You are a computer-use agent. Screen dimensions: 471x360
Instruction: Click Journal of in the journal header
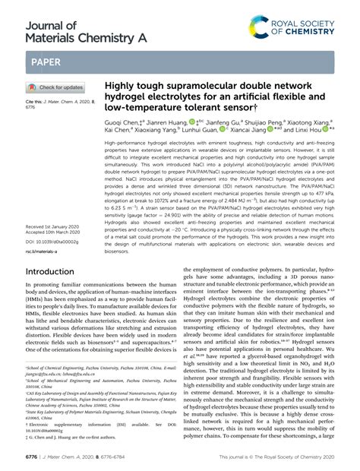42,10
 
